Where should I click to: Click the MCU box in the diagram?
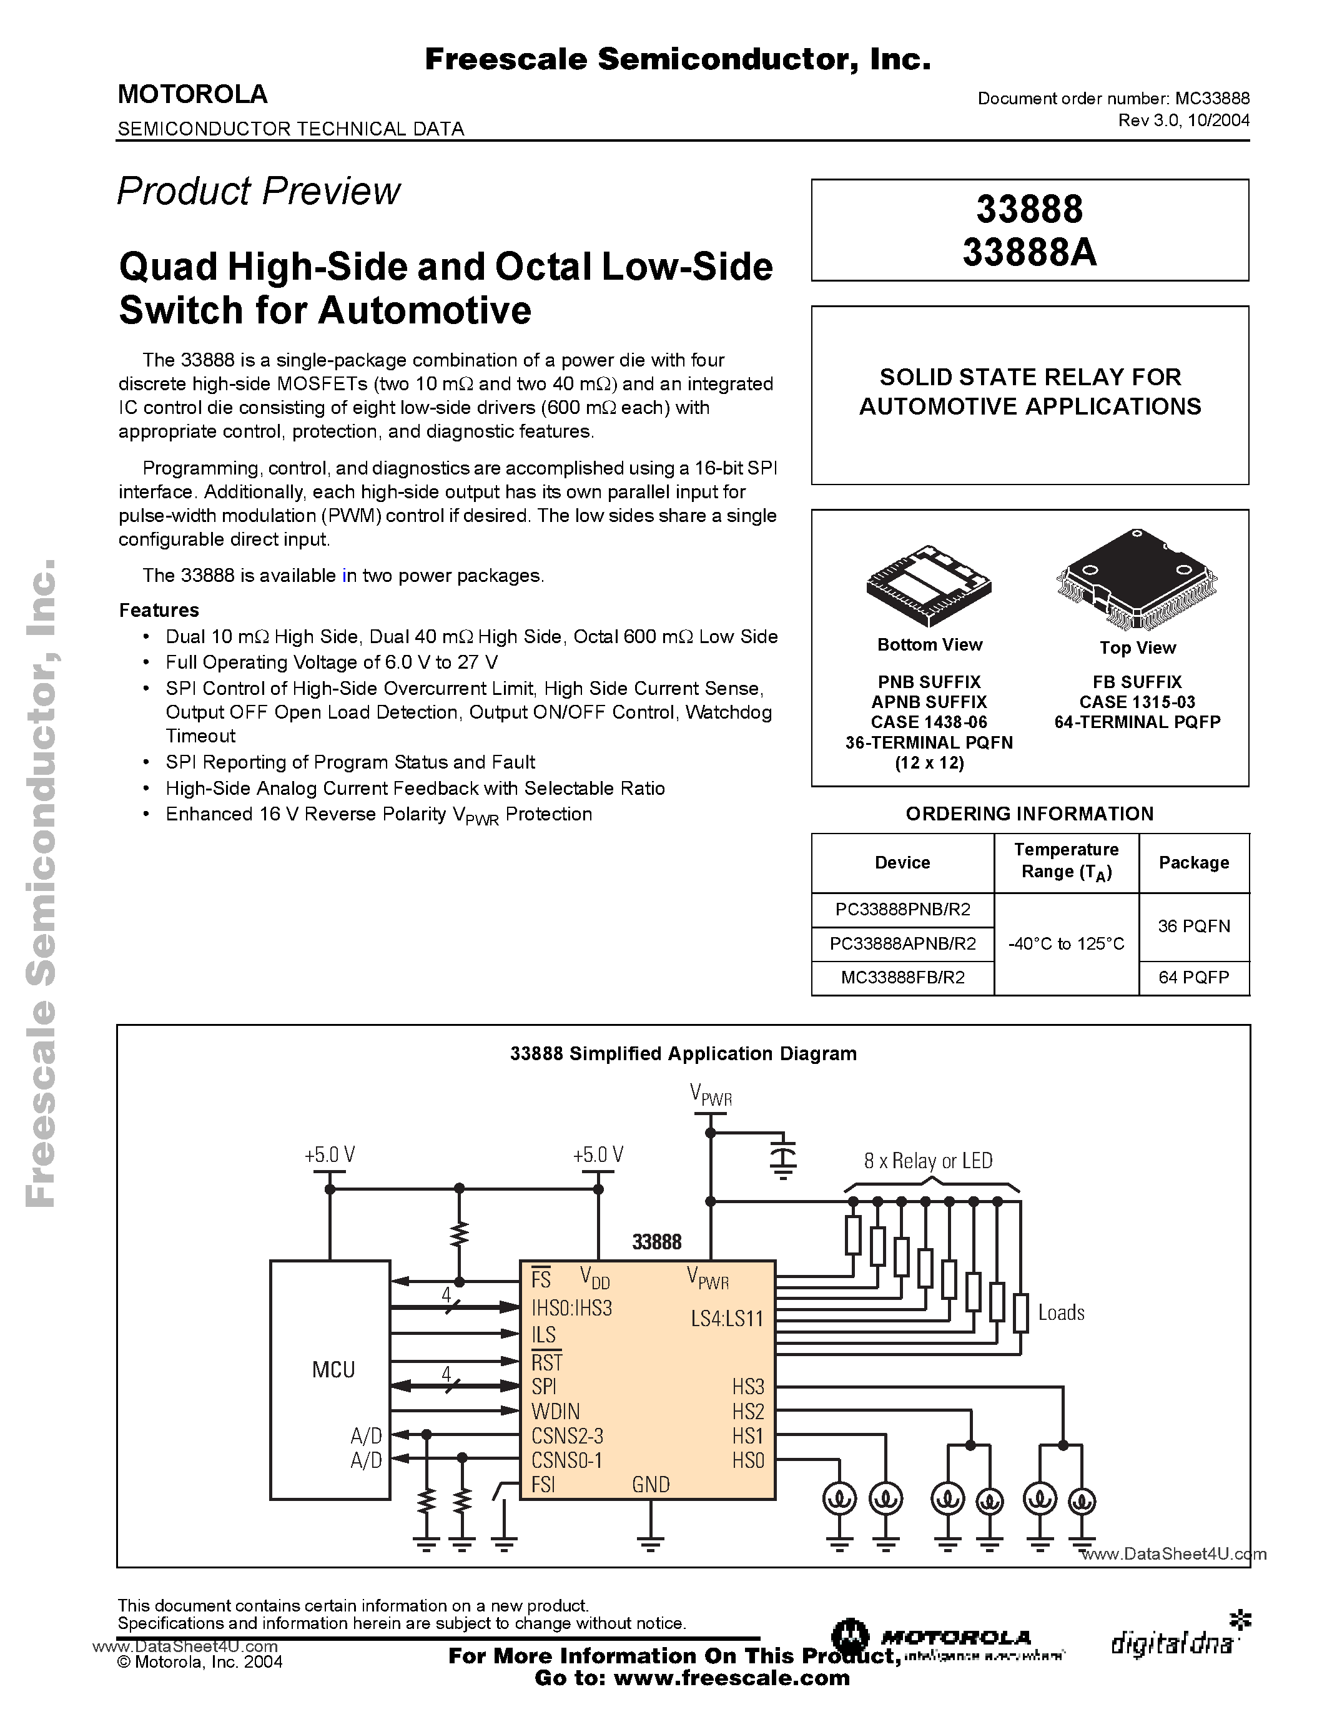pos(330,1380)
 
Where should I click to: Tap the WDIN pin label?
pos(556,1411)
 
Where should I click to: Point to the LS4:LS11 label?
pos(727,1319)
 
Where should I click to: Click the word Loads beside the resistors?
pos(1061,1312)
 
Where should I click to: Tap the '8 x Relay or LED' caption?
pos(927,1161)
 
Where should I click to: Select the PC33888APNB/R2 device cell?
pos(902,943)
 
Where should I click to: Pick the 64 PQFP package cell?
pos(1193,977)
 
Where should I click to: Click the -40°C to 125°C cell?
pos(1066,943)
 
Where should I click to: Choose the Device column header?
pos(902,862)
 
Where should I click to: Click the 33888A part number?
pos(1029,252)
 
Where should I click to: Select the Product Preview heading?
pos(259,191)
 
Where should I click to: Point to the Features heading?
pos(159,610)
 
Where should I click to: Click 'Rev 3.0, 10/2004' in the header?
pos(1183,121)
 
